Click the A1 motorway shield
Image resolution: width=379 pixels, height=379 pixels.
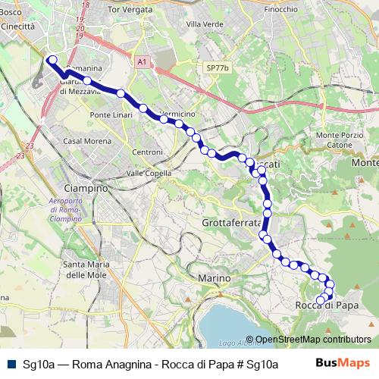[x=143, y=62]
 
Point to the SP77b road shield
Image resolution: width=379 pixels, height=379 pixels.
[x=216, y=67]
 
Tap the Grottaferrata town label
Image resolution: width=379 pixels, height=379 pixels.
[x=232, y=223]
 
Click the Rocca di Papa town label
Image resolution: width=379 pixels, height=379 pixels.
[x=325, y=305]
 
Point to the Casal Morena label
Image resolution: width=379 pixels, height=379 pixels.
[x=83, y=142]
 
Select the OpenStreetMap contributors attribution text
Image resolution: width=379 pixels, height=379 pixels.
[x=313, y=340]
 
